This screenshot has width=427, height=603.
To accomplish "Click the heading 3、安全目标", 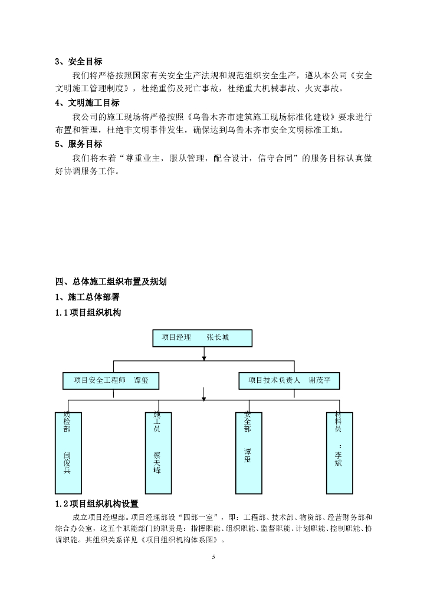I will point(78,61).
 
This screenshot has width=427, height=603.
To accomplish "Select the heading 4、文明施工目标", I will point(87,102).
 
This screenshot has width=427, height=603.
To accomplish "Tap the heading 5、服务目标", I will point(78,144).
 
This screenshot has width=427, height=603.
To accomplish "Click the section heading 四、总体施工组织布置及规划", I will point(111,281).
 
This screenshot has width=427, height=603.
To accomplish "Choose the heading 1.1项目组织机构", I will point(88,313).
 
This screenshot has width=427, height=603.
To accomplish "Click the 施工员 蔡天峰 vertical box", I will point(157,453).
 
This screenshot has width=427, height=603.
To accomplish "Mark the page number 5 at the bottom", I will point(213,556).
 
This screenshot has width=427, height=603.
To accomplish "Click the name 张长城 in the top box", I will point(218,338).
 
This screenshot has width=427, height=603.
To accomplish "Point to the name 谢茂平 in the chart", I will point(324,380).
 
